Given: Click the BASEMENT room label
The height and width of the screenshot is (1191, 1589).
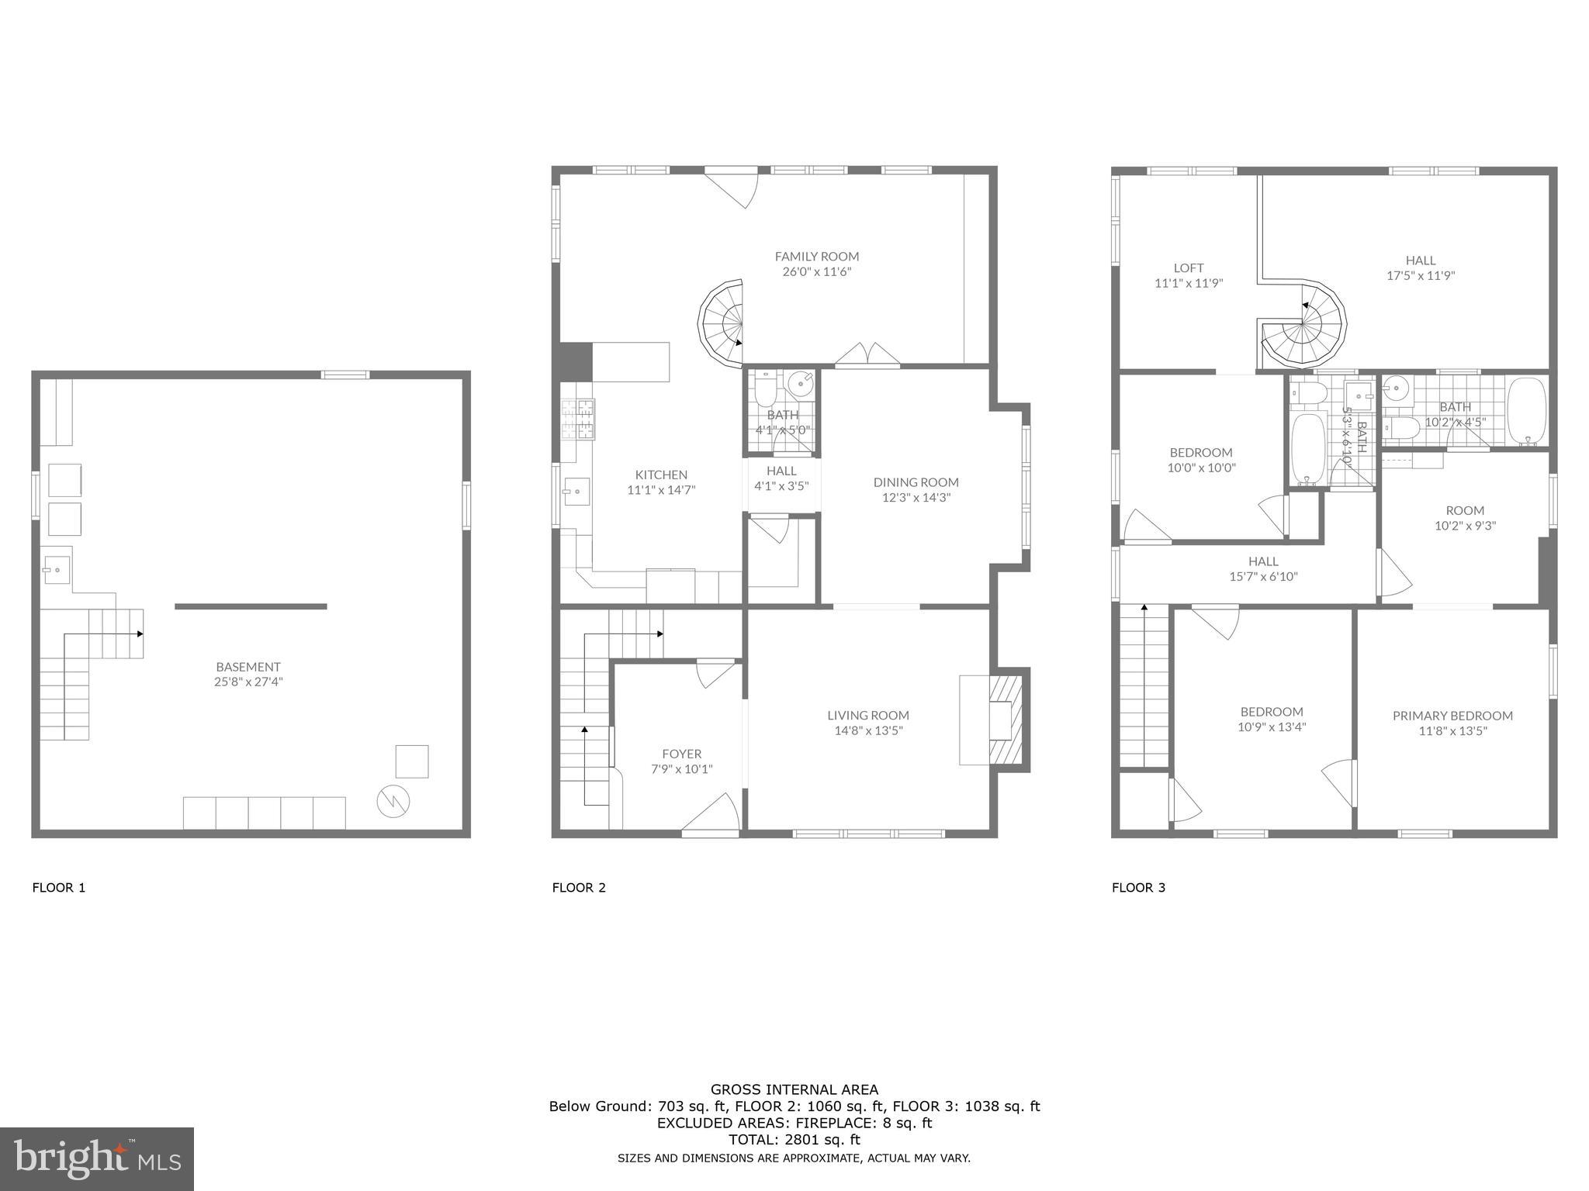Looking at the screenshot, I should (x=248, y=667).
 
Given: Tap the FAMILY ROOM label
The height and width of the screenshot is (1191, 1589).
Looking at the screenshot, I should (x=816, y=257).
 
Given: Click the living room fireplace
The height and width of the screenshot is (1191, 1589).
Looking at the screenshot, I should (x=1006, y=720).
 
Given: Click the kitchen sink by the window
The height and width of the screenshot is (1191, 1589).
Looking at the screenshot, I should (x=576, y=492).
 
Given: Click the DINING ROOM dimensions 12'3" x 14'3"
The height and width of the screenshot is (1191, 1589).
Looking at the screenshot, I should (x=916, y=497).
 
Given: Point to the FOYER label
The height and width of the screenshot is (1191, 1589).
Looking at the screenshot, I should (x=681, y=754).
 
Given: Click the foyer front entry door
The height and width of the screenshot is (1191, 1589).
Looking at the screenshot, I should (x=710, y=816).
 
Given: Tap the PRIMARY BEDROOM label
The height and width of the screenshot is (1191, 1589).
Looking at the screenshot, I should (x=1452, y=716).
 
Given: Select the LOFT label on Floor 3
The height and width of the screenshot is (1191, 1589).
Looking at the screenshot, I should (x=1189, y=268).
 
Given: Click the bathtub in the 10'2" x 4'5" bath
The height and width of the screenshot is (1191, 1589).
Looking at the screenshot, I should (x=1527, y=411).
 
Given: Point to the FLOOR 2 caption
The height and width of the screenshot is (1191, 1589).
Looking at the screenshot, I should (x=579, y=888).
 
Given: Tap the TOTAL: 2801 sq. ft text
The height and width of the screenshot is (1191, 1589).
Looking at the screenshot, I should (x=794, y=1140).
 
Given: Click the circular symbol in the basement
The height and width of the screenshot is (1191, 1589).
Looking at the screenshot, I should (x=393, y=801).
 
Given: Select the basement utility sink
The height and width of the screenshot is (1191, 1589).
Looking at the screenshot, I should (x=56, y=570).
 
